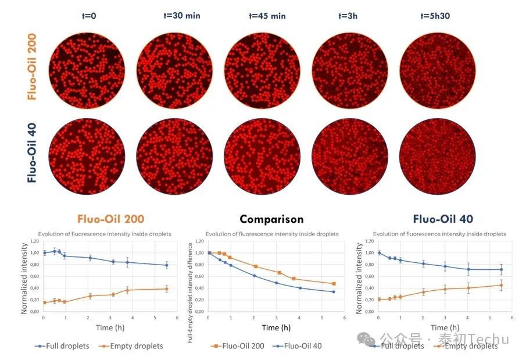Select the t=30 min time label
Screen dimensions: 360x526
click(x=181, y=16)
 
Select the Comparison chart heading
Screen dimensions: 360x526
click(x=271, y=219)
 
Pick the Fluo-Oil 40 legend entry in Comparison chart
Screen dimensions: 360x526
click(x=298, y=346)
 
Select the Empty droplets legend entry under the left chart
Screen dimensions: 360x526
click(x=133, y=346)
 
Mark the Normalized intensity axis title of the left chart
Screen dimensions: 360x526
click(x=24, y=276)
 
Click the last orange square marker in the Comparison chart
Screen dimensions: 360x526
click(x=334, y=284)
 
